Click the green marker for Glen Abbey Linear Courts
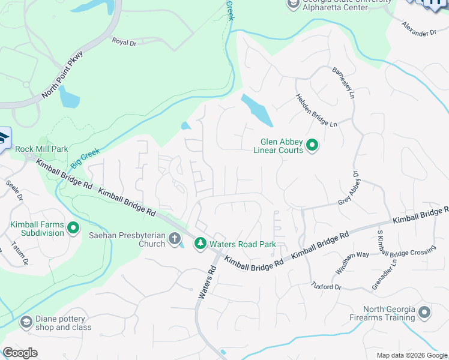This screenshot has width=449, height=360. coord(312,145)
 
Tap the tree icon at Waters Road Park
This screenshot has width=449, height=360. coord(199,244)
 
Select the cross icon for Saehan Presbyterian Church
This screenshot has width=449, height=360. coord(174,239)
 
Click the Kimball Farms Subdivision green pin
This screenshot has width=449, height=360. coord(73,228)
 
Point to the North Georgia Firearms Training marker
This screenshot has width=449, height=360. coord(424,313)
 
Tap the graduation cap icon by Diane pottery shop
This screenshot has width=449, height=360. coord(26,323)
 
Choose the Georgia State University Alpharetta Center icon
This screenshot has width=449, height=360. coord(293,5)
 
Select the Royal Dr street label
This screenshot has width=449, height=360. coord(125,41)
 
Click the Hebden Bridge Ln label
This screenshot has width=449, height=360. coord(317,110)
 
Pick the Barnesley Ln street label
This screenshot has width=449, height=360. coord(344,82)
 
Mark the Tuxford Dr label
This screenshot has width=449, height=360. coord(326,287)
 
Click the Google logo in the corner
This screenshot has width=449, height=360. coord(20,353)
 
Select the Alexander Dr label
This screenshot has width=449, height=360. coord(419,29)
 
